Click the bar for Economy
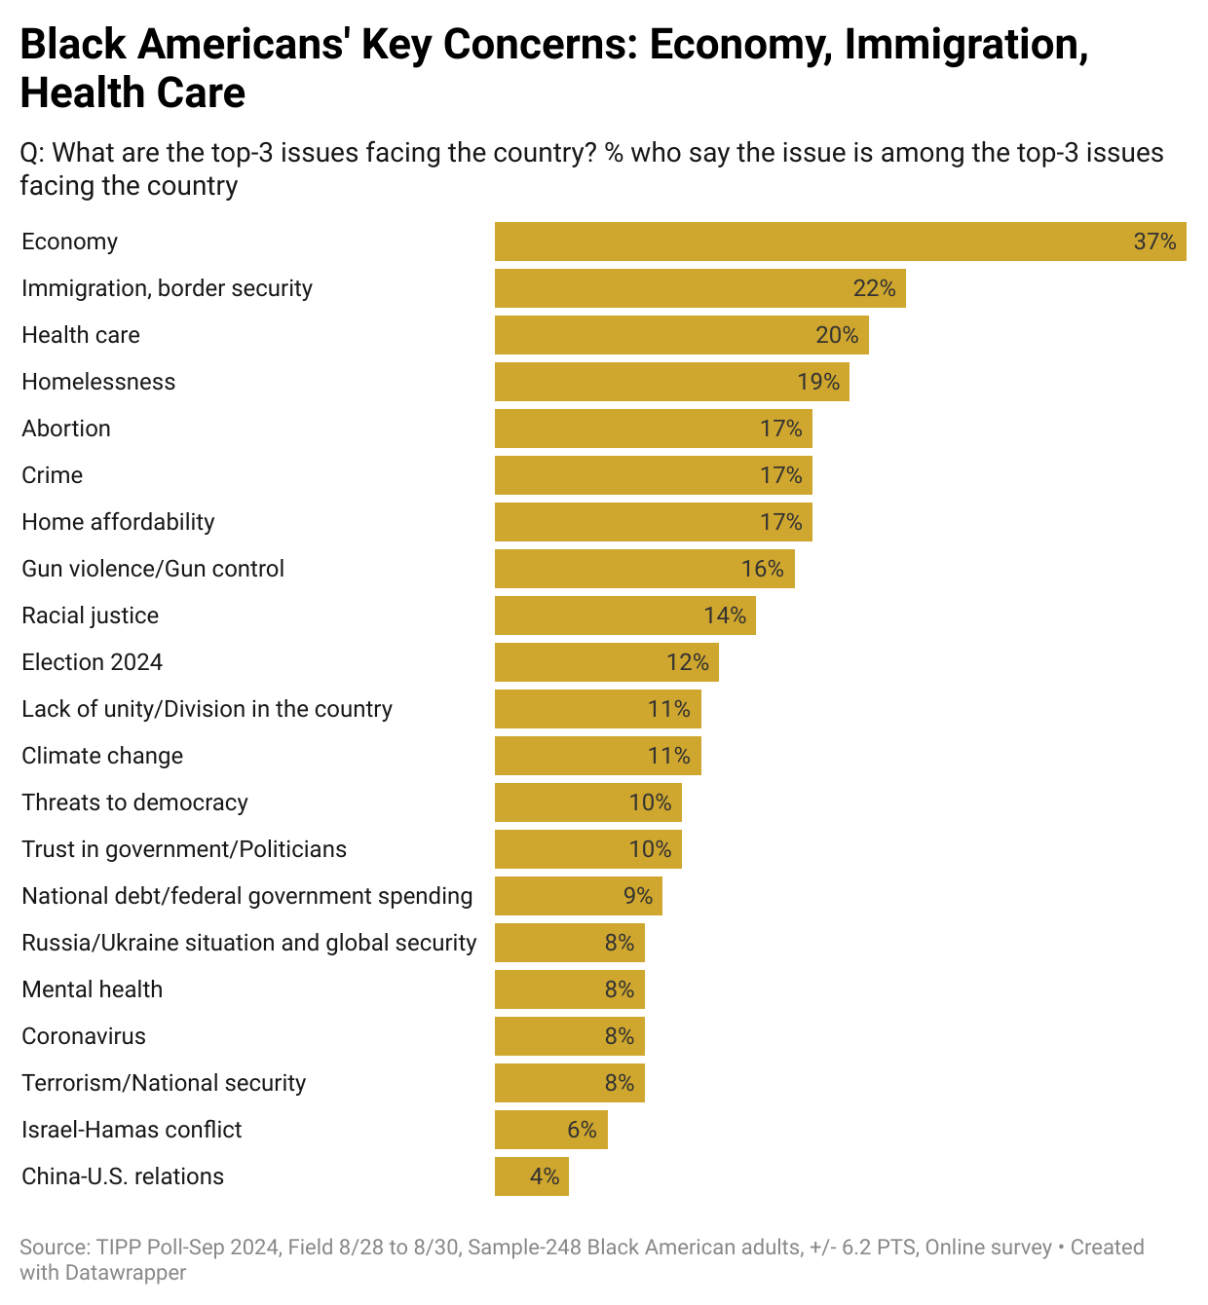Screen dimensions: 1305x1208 point(840,242)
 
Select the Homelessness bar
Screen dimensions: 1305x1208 point(672,382)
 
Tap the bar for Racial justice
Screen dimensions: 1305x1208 point(625,615)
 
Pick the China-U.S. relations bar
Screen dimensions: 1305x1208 point(532,1176)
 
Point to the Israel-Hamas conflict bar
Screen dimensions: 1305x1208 point(551,1130)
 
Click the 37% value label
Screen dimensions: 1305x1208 point(1155,242)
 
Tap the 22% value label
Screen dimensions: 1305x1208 point(874,288)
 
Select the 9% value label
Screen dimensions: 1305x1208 point(638,896)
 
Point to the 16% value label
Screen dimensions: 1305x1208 point(763,569)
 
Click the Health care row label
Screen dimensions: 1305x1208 point(81,335)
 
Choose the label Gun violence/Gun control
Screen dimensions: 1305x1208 point(153,569)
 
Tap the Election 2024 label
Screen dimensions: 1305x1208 point(93,662)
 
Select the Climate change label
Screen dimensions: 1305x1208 point(102,756)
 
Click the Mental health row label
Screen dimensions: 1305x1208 point(93,989)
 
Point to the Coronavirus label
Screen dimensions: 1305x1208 point(84,1036)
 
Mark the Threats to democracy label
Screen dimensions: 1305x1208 point(134,802)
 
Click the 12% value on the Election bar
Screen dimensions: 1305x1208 point(688,662)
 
